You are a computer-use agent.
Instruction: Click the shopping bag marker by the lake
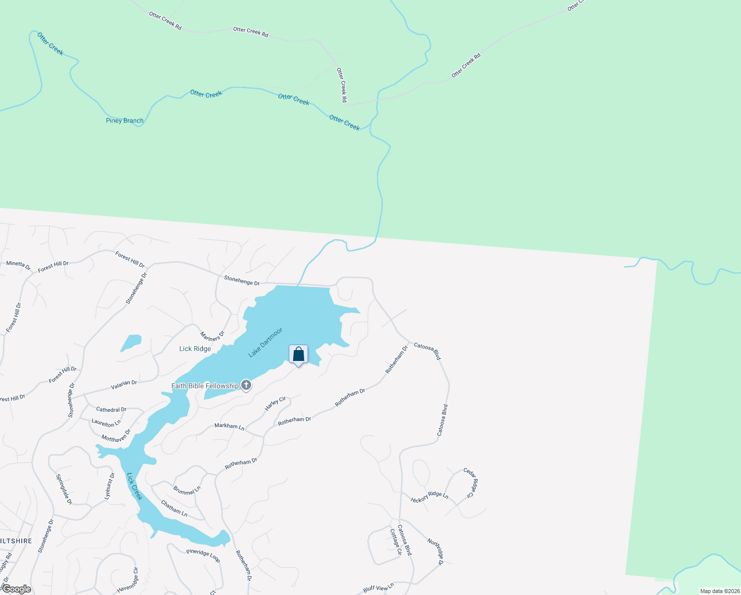(298, 355)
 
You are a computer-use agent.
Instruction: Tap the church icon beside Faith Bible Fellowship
(246, 385)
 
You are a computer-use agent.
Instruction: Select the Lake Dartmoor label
(265, 342)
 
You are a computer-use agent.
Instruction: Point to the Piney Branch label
(125, 120)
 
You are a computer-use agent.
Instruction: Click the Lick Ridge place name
(195, 349)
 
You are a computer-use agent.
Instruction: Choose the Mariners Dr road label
(212, 336)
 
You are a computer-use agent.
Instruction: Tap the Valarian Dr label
(124, 385)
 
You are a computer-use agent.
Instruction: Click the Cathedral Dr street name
(111, 410)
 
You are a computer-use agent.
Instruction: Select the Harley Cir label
(275, 403)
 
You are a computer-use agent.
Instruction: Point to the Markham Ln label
(229, 426)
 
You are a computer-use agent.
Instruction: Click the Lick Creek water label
(134, 486)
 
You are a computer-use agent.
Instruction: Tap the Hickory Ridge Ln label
(429, 497)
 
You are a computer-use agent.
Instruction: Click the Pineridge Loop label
(203, 555)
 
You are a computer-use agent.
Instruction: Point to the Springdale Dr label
(64, 489)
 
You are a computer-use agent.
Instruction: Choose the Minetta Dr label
(18, 264)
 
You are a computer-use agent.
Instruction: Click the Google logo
(16, 589)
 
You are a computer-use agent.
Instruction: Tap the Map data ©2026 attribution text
(719, 591)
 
